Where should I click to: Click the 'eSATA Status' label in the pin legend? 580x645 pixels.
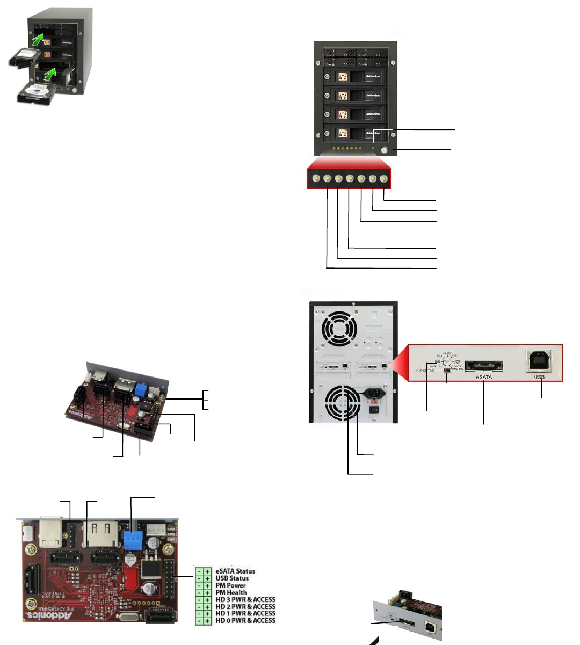pos(235,571)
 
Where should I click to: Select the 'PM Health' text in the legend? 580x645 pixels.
pos(231,592)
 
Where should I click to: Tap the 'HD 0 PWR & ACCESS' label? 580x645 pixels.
pos(245,621)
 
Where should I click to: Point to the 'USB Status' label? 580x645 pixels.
pos(232,578)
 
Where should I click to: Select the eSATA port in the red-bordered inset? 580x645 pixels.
pos(484,366)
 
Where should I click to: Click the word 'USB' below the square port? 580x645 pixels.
pos(539,378)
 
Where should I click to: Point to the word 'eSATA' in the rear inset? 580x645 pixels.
pos(484,378)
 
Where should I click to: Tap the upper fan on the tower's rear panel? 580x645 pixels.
pos(338,331)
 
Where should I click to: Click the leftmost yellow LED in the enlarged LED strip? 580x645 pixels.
pos(316,179)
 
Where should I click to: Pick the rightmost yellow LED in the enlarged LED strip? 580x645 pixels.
pos(383,179)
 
